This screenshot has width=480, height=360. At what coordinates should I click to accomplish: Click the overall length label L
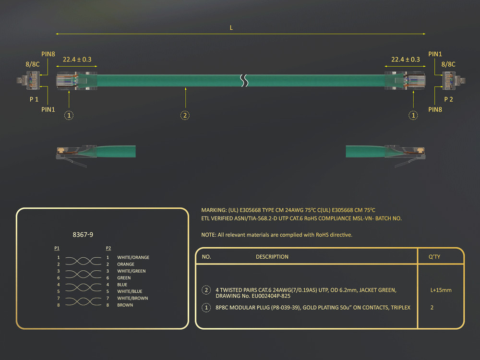coord(231,28)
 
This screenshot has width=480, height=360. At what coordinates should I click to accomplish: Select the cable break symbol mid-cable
coord(244,81)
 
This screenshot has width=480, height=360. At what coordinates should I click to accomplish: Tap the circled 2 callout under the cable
coord(185,115)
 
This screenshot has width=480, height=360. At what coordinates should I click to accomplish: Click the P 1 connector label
coord(34,99)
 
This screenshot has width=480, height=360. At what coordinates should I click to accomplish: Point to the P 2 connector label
coord(448,99)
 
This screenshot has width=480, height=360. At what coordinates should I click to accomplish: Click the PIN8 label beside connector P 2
coord(435,109)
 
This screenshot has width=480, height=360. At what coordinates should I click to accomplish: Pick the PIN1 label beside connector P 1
coord(48,109)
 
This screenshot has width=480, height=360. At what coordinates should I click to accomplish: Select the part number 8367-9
coord(83,235)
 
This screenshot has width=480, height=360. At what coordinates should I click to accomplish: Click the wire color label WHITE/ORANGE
coord(133,257)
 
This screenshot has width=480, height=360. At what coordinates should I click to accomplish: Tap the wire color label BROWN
coord(125,305)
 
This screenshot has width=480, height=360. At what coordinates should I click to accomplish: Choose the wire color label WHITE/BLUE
coord(129,291)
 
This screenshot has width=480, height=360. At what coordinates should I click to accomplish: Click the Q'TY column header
coord(434,257)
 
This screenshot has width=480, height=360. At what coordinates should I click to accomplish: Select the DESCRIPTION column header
coord(272,257)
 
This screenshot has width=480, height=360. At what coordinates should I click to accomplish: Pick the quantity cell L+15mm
coord(441,290)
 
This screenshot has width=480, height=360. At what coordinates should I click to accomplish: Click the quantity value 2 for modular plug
coord(432,307)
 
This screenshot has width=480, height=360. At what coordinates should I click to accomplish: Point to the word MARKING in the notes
coord(215,210)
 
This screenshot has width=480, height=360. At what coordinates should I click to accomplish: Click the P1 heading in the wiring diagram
coord(57,248)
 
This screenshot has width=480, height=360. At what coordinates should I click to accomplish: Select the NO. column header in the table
coord(206,257)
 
